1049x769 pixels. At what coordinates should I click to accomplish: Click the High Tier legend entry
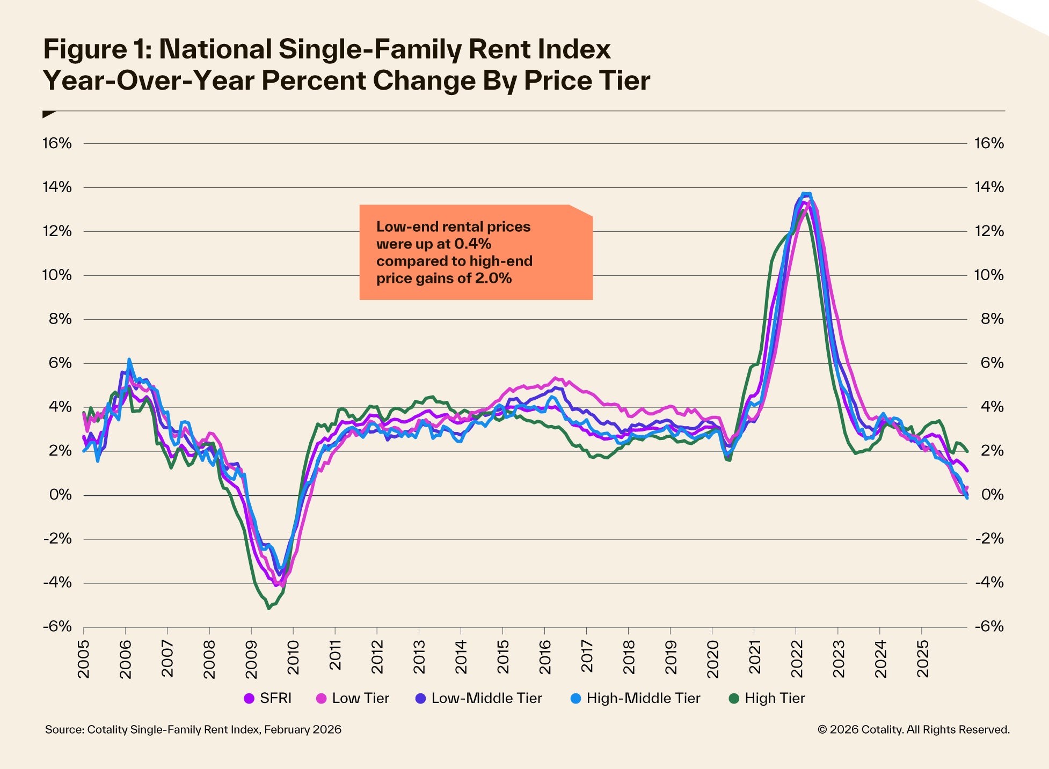pyautogui.click(x=767, y=698)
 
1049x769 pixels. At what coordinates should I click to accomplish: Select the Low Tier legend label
pyautogui.click(x=360, y=698)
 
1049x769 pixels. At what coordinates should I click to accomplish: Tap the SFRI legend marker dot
pyautogui.click(x=249, y=699)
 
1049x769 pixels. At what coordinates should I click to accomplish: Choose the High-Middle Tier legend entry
pyautogui.click(x=636, y=698)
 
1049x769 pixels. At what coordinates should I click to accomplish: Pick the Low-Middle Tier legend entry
pyautogui.click(x=479, y=698)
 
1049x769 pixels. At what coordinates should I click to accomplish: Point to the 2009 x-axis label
pyautogui.click(x=251, y=658)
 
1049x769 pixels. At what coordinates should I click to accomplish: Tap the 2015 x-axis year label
pyautogui.click(x=503, y=658)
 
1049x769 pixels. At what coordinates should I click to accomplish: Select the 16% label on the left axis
pyautogui.click(x=57, y=143)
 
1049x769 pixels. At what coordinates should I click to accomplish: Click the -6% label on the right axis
pyautogui.click(x=988, y=627)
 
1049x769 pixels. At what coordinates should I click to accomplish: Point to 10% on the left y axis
pyautogui.click(x=57, y=275)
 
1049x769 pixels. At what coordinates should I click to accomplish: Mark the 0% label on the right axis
pyautogui.click(x=992, y=495)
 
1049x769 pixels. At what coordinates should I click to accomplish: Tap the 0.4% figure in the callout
pyautogui.click(x=472, y=244)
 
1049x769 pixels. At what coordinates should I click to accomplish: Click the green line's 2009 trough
pyautogui.click(x=269, y=609)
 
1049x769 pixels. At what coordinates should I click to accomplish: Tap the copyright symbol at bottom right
pyautogui.click(x=822, y=730)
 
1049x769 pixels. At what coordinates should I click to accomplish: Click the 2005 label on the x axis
pyautogui.click(x=84, y=658)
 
